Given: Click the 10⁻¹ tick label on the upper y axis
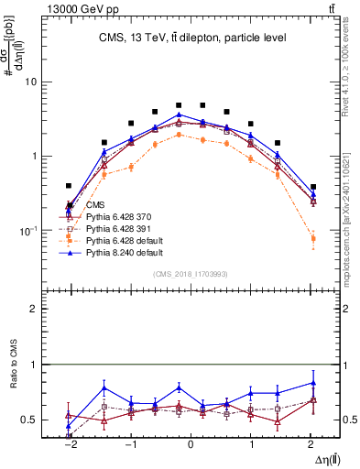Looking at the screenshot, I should tap(25, 230).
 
